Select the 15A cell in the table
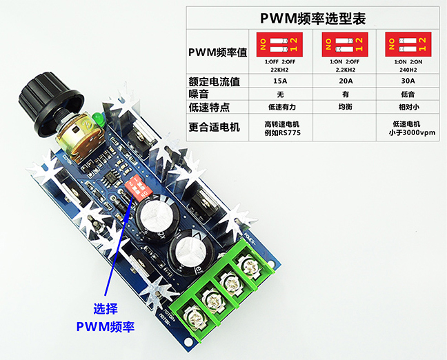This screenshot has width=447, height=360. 280,81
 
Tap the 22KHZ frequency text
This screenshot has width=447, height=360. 280,70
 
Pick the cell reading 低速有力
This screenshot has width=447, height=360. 280,107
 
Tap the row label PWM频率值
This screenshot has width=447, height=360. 217,52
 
